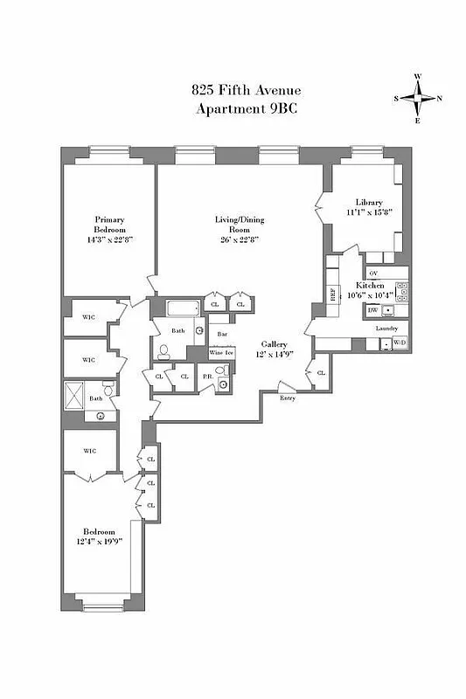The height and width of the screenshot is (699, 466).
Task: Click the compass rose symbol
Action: [418, 98]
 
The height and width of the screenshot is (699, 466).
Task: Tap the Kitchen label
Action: [370, 286]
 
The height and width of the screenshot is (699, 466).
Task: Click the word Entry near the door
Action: [288, 398]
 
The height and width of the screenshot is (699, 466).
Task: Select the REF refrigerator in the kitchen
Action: [333, 294]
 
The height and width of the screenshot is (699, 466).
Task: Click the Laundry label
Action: [387, 329]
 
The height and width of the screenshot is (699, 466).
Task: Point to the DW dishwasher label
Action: [372, 310]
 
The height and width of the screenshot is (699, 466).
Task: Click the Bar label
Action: [222, 334]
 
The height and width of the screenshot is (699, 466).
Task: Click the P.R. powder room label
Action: [206, 376]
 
